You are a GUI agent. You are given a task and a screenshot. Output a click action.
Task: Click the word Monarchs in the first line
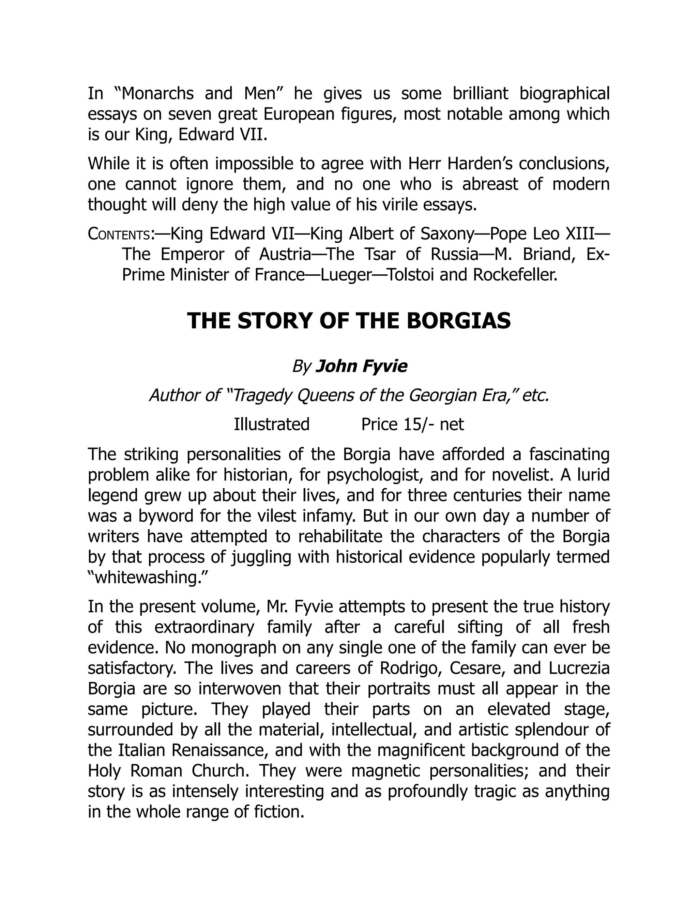coord(157,94)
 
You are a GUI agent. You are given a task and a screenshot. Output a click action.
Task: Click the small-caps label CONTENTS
coord(119,234)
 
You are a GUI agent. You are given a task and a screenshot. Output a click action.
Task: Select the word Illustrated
coord(272,425)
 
